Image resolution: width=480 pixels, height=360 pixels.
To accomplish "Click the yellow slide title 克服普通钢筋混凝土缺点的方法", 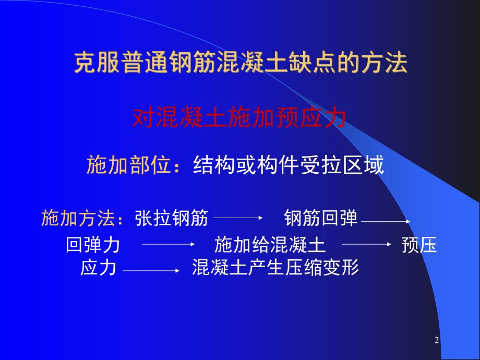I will (x=240, y=64).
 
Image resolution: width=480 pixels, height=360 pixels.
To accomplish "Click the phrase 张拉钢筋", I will (x=171, y=219).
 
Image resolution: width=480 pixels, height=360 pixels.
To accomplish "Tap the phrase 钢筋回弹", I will (x=321, y=219).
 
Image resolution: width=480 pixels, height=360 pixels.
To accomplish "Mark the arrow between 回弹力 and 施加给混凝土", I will (x=168, y=244).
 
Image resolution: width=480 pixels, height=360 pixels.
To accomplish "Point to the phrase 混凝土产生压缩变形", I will (x=275, y=268).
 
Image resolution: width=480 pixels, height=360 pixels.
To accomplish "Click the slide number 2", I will (x=437, y=341).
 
